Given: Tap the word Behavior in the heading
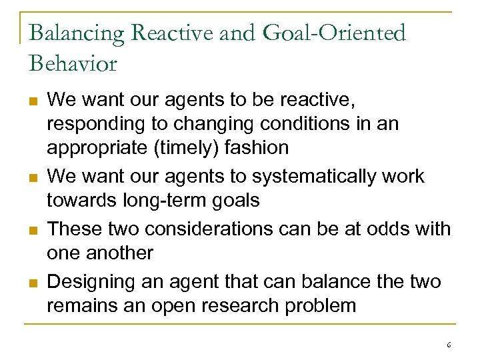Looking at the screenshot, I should [73, 63].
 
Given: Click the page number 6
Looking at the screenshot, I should [449, 345].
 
